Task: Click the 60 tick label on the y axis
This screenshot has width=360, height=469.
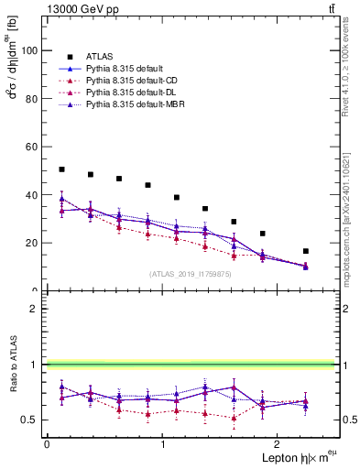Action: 33,147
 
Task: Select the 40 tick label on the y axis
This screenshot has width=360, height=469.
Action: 33,195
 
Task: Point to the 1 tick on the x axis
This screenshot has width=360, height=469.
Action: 163,443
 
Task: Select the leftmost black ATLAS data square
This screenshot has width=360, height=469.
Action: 61,169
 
